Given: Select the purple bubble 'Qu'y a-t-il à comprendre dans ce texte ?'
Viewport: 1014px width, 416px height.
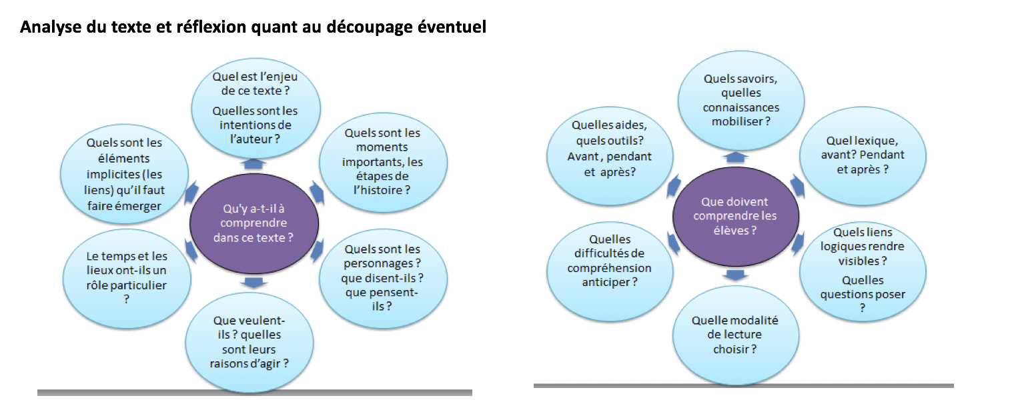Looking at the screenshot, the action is [x=254, y=223].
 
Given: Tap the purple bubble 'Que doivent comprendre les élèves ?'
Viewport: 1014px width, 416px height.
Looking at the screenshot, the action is [x=736, y=216].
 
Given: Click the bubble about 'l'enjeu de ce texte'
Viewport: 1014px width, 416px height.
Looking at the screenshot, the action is [x=256, y=108].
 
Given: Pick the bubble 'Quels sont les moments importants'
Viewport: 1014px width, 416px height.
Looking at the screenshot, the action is [x=383, y=162].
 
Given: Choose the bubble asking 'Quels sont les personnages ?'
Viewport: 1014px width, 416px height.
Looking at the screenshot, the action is [x=383, y=277].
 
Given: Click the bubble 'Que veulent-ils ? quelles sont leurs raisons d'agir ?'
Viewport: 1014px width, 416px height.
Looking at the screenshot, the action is [x=249, y=342].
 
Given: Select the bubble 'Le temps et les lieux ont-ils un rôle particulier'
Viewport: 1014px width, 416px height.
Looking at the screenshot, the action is [x=127, y=278].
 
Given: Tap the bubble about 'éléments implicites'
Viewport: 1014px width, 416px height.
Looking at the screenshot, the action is [x=125, y=174].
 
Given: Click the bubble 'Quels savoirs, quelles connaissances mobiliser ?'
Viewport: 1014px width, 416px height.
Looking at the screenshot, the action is [x=741, y=101].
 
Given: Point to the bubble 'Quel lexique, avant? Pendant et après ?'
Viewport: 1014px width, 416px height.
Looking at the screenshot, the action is [x=863, y=156].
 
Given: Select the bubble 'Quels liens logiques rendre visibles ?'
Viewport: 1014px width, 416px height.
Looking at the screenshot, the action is [x=863, y=271].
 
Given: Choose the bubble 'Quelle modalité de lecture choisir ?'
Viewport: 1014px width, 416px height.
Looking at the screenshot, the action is [x=736, y=335].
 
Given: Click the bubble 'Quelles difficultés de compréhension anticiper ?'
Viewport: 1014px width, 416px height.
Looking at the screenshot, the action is [x=610, y=271].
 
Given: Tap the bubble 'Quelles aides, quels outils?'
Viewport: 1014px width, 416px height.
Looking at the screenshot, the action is [x=610, y=156].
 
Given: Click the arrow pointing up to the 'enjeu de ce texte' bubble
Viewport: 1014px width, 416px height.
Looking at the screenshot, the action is [x=254, y=164].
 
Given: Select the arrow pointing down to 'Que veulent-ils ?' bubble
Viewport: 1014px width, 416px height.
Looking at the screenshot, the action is [x=254, y=283].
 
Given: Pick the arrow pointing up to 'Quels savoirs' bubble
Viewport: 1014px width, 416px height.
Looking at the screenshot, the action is [x=736, y=157].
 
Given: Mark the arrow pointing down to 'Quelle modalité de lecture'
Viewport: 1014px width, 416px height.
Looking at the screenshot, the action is [x=736, y=275].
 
